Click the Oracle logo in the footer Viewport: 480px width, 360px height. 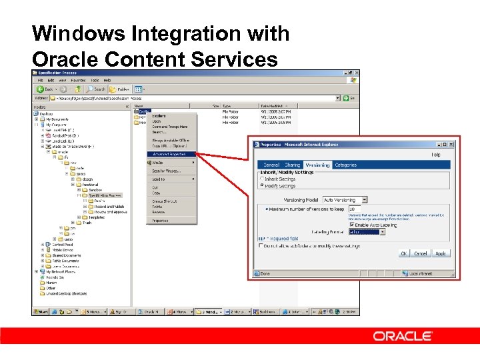[402, 336]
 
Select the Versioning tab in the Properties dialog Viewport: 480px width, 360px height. [317, 165]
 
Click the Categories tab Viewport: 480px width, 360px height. [345, 165]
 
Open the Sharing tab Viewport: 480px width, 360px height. [293, 165]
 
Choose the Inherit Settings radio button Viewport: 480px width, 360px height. [261, 179]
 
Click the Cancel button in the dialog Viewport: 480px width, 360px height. [421, 253]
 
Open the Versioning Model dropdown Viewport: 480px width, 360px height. [365, 199]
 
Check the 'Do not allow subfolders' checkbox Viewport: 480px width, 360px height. [261, 246]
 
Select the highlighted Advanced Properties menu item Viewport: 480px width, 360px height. [169, 154]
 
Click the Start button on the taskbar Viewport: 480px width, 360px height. [41, 311]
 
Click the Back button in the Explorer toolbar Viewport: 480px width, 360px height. [47, 89]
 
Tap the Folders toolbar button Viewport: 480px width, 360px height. [121, 89]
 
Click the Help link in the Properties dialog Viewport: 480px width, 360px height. [435, 155]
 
